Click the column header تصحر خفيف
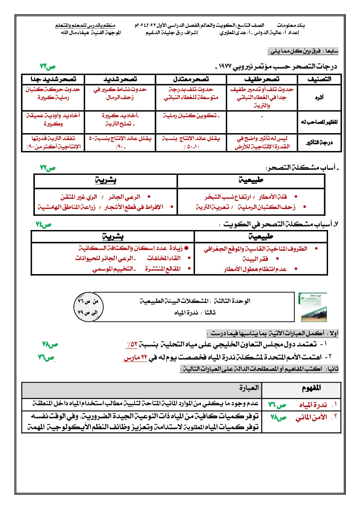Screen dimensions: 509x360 pyautogui.click(x=262, y=79)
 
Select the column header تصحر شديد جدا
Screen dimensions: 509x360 pyautogui.click(x=53, y=79)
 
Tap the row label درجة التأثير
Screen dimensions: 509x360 pyautogui.click(x=319, y=143)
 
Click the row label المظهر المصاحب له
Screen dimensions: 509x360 pyautogui.click(x=319, y=122)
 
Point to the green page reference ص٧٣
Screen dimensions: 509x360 pyautogui.click(x=48, y=67)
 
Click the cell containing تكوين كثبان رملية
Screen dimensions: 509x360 pyautogui.click(x=191, y=116)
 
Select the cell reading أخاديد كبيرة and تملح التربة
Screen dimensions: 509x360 pyautogui.click(x=120, y=120)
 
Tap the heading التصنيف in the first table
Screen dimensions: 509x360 pyautogui.click(x=319, y=79)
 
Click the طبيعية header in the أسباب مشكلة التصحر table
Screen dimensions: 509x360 pyautogui.click(x=251, y=180)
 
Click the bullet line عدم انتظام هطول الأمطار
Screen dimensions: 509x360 pyautogui.click(x=255, y=269)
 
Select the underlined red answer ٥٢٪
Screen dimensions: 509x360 pyautogui.click(x=132, y=344)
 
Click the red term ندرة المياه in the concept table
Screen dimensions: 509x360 pyautogui.click(x=312, y=405)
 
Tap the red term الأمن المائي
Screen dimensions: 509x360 pyautogui.click(x=311, y=417)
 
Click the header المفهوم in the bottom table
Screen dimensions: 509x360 pyautogui.click(x=311, y=389)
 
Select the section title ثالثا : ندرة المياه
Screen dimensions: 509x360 pyautogui.click(x=195, y=312)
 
